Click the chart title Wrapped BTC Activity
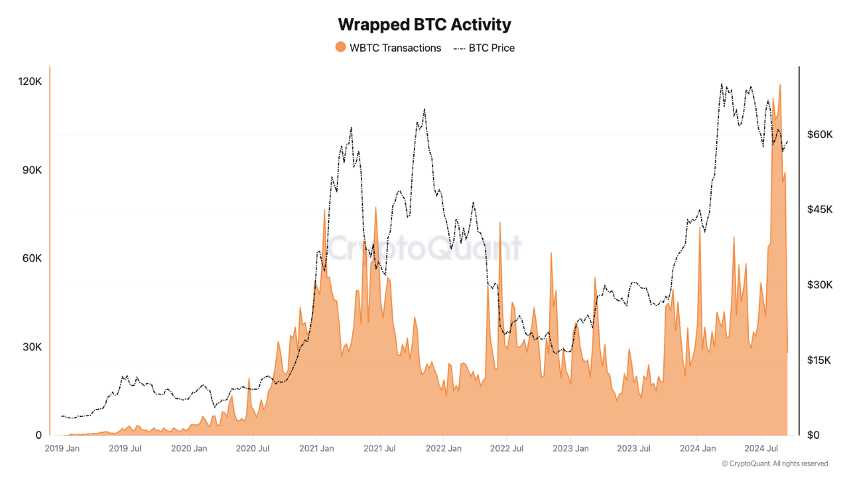click(424, 25)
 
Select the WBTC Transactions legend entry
click(395, 48)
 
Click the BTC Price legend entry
click(491, 48)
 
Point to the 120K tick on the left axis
click(30, 82)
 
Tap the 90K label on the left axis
click(31, 170)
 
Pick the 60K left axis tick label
click(31, 258)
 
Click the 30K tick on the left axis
click(31, 347)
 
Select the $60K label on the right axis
click(820, 134)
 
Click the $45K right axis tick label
click(820, 209)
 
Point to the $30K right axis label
click(820, 285)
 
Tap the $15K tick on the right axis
click(820, 360)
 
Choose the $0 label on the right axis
click(813, 436)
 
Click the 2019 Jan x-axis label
click(62, 449)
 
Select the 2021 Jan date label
click(317, 449)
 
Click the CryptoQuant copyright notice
click(775, 463)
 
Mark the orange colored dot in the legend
click(340, 48)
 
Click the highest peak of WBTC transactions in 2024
click(779, 85)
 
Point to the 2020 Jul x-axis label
click(252, 449)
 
